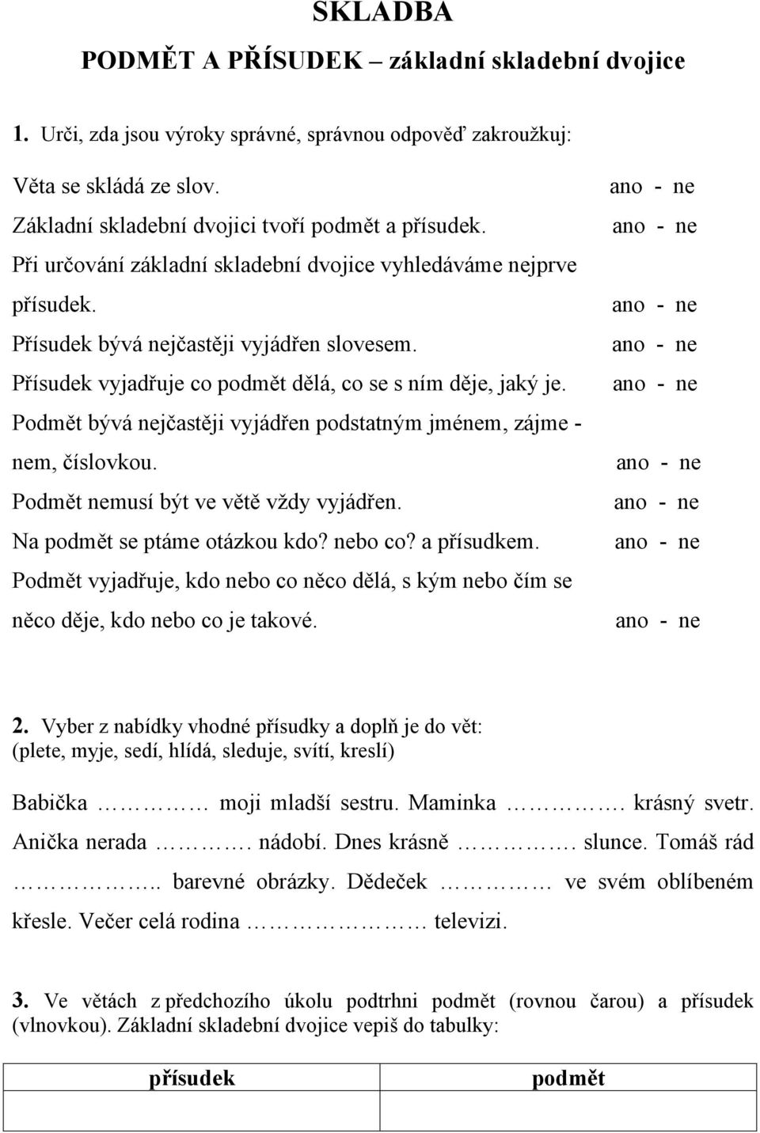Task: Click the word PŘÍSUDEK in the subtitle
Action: tap(280, 60)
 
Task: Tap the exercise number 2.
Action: tap(21, 726)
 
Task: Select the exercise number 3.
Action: tap(21, 1001)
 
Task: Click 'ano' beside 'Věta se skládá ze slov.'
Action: tap(625, 187)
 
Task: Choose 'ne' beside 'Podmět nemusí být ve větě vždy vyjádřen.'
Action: tap(686, 502)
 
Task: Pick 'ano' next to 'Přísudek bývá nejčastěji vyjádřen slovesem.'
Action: tap(629, 345)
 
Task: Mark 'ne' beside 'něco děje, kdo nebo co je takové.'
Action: tap(688, 621)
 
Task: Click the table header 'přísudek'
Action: tap(192, 1078)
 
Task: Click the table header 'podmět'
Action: tap(568, 1078)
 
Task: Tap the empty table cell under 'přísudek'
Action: tap(192, 1112)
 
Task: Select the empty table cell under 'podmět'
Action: tap(568, 1112)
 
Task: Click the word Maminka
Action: tap(452, 803)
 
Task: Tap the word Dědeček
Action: tap(387, 881)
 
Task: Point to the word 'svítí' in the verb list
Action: tap(314, 750)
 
